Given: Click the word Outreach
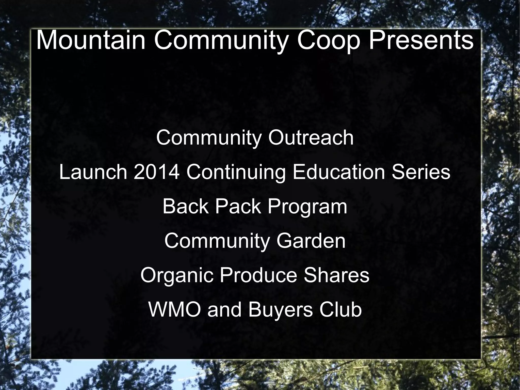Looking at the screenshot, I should (311, 138).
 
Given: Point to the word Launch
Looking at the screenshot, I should (93, 172).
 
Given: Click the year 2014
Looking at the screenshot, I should (156, 172).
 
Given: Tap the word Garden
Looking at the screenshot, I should (311, 241).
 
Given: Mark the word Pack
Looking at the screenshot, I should (238, 207).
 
